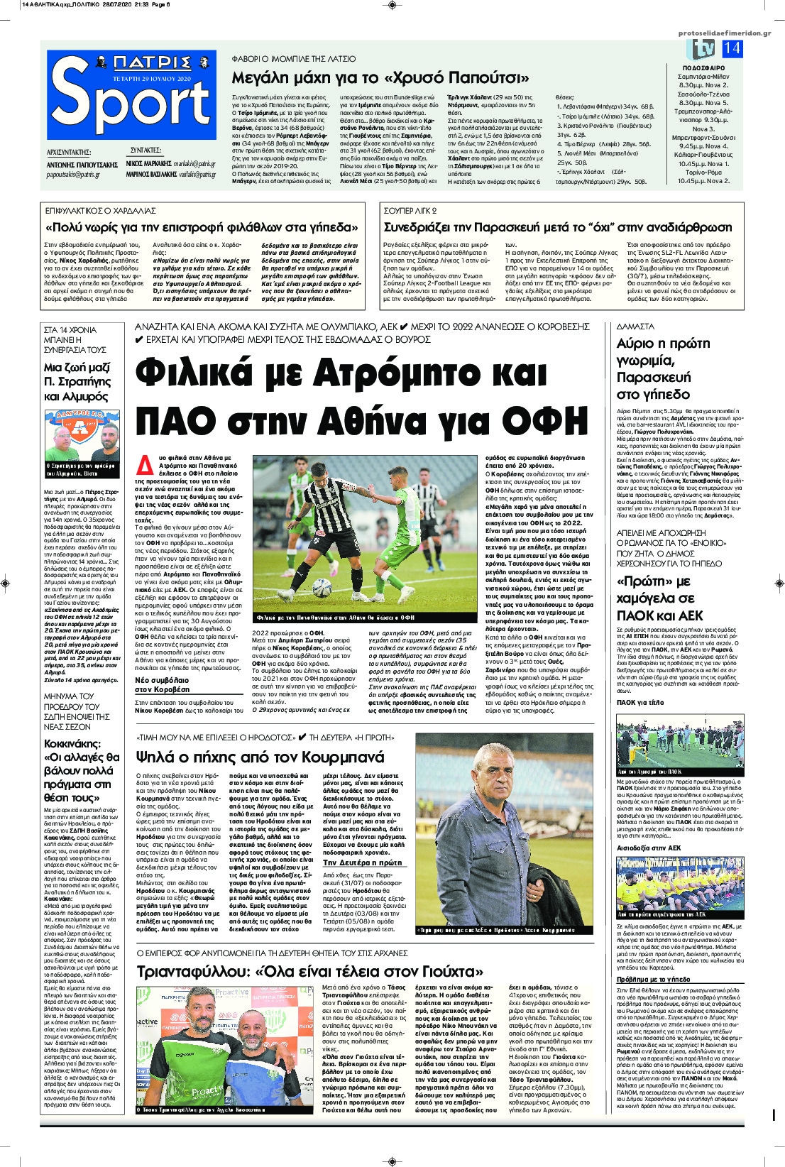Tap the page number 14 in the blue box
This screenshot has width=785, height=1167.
point(732,48)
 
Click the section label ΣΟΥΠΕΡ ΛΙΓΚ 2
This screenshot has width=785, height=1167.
point(410,211)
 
